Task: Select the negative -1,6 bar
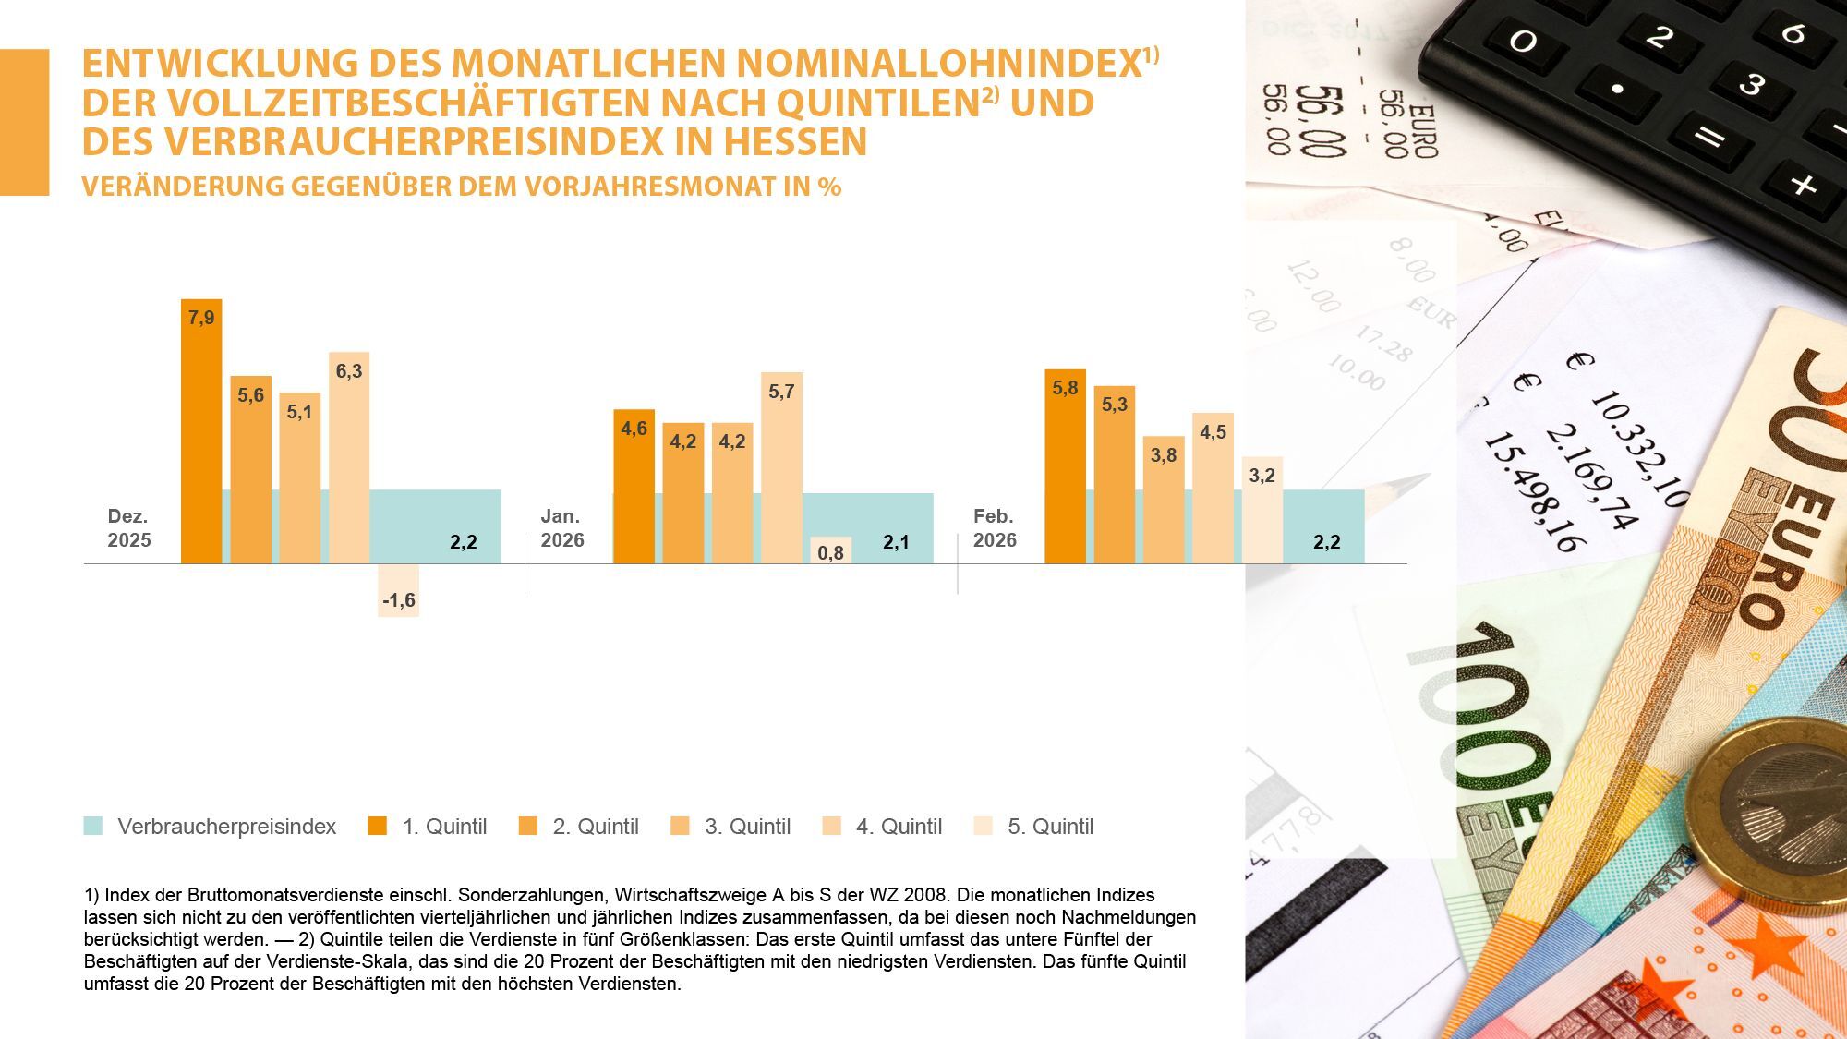pos(398,590)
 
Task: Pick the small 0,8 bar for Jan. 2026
pos(830,550)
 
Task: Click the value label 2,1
pos(896,542)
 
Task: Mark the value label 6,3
pos(349,371)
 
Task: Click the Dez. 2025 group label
pos(128,528)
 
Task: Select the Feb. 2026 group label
pos(995,528)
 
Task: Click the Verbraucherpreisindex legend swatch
pos(93,826)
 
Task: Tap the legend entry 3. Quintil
pos(747,827)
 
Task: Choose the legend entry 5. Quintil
pos(1050,827)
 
